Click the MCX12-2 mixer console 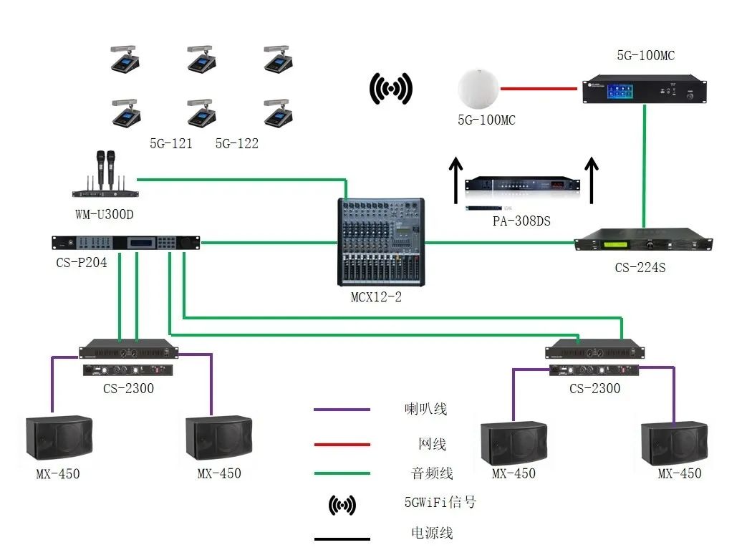point(380,243)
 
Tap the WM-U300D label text point(104,214)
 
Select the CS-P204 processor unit point(126,243)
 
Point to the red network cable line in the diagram point(539,89)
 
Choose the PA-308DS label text point(521,221)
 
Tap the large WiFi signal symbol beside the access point point(390,89)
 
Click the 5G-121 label point(170,143)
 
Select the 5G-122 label point(237,143)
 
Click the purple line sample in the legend point(342,410)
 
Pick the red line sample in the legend point(342,445)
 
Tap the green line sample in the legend point(342,473)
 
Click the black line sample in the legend point(342,539)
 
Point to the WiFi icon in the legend point(342,505)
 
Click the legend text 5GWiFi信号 point(440,502)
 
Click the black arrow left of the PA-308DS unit point(455,182)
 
